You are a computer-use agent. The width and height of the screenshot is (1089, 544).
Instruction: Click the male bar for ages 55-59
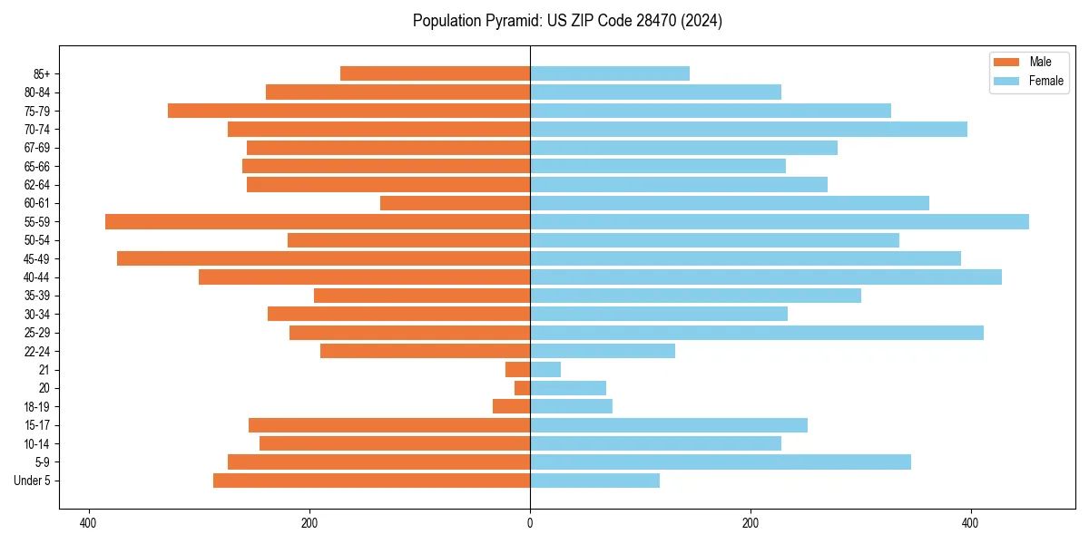(318, 221)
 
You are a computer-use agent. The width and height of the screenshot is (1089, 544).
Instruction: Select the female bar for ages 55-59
(779, 221)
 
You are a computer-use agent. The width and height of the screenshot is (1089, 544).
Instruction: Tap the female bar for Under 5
(594, 481)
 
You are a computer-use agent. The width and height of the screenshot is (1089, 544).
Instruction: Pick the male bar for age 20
(523, 388)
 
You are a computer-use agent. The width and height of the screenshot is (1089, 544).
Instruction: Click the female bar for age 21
(545, 370)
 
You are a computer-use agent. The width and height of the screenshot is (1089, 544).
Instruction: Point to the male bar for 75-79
(348, 111)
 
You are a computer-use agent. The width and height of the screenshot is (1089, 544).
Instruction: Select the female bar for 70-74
(748, 129)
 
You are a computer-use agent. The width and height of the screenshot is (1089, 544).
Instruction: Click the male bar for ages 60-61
(455, 203)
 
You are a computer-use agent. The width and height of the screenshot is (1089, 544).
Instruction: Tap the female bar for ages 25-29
(756, 333)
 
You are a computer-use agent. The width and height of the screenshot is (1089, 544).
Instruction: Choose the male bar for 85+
(435, 73)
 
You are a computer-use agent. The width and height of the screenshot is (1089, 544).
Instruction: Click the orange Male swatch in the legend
(1007, 62)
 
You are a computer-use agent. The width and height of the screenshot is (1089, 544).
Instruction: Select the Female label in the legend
(1046, 81)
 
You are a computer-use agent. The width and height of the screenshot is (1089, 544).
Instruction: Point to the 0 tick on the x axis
(530, 523)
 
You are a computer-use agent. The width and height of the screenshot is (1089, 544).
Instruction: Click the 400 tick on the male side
(89, 523)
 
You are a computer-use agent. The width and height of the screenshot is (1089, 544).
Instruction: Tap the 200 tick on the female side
(751, 523)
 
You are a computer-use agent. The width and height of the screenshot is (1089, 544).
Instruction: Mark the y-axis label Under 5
(33, 481)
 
